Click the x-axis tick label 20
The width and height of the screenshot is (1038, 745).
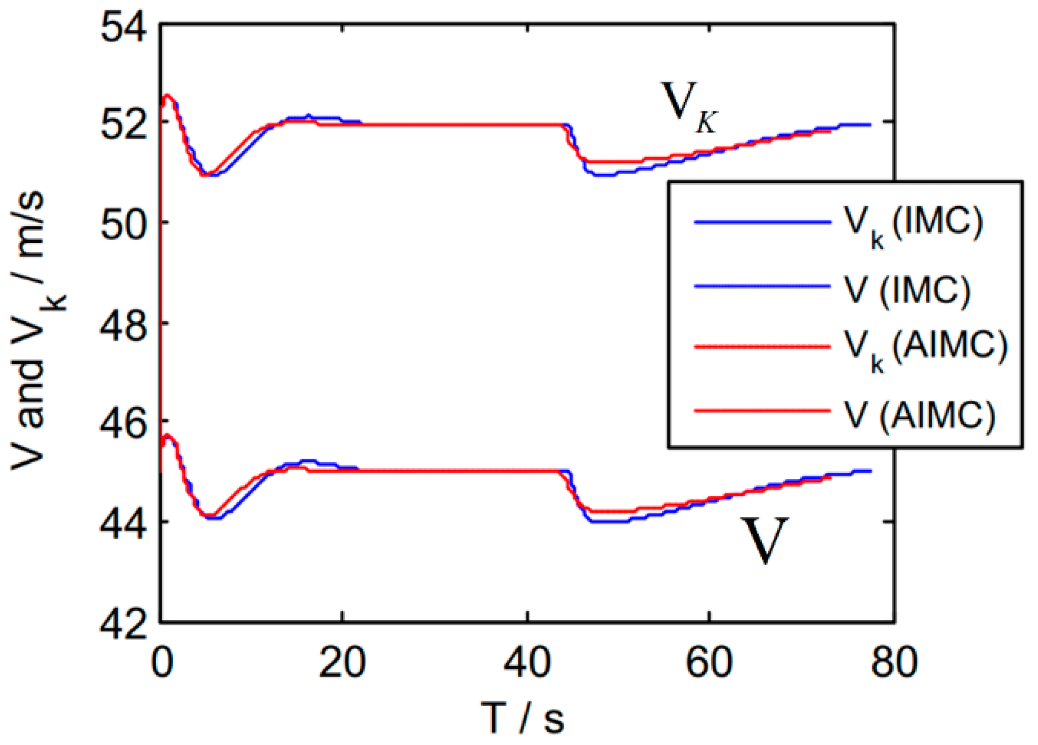point(342,662)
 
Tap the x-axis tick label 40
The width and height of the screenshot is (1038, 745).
point(527,662)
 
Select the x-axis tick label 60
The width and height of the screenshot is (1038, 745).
point(709,662)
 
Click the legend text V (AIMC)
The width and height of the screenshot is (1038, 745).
point(920,416)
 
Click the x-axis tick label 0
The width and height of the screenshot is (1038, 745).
point(162,662)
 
